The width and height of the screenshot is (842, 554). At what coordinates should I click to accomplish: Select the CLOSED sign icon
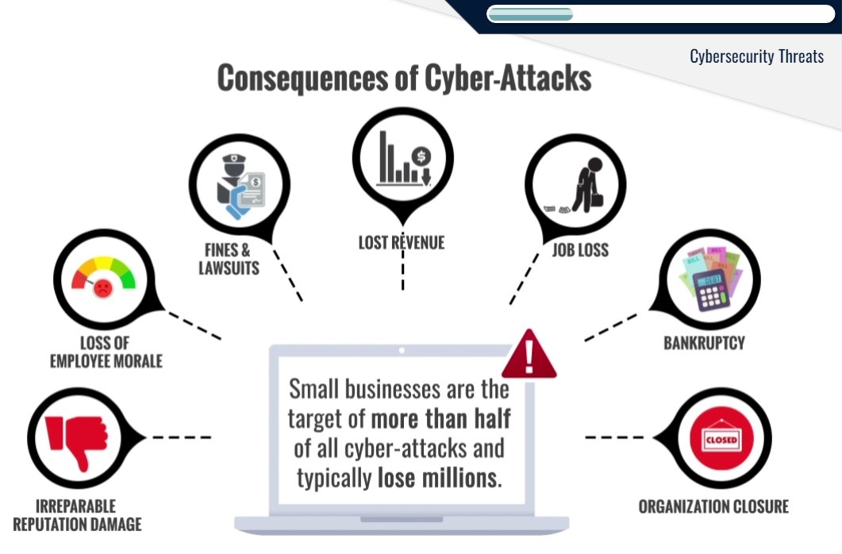click(x=721, y=438)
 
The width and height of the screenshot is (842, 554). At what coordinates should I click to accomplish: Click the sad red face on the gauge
click(x=103, y=289)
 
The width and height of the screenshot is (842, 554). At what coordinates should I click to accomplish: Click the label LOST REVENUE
click(x=402, y=243)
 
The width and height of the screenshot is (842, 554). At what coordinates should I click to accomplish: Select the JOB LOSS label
click(x=580, y=249)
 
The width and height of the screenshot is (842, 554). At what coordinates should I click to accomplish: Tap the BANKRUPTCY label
click(x=704, y=344)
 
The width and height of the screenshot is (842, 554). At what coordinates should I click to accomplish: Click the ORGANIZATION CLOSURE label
click(x=713, y=506)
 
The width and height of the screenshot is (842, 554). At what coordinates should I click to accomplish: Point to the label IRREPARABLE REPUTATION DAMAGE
click(x=77, y=515)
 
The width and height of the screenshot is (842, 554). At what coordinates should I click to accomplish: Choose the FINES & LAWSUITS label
click(x=229, y=259)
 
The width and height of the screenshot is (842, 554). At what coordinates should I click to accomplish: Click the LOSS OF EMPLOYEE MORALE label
click(x=106, y=352)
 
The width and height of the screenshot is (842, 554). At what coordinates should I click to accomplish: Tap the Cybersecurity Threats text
click(x=756, y=56)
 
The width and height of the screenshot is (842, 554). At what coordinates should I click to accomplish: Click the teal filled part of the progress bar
click(x=530, y=13)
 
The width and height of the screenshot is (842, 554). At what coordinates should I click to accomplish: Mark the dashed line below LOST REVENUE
click(x=402, y=272)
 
